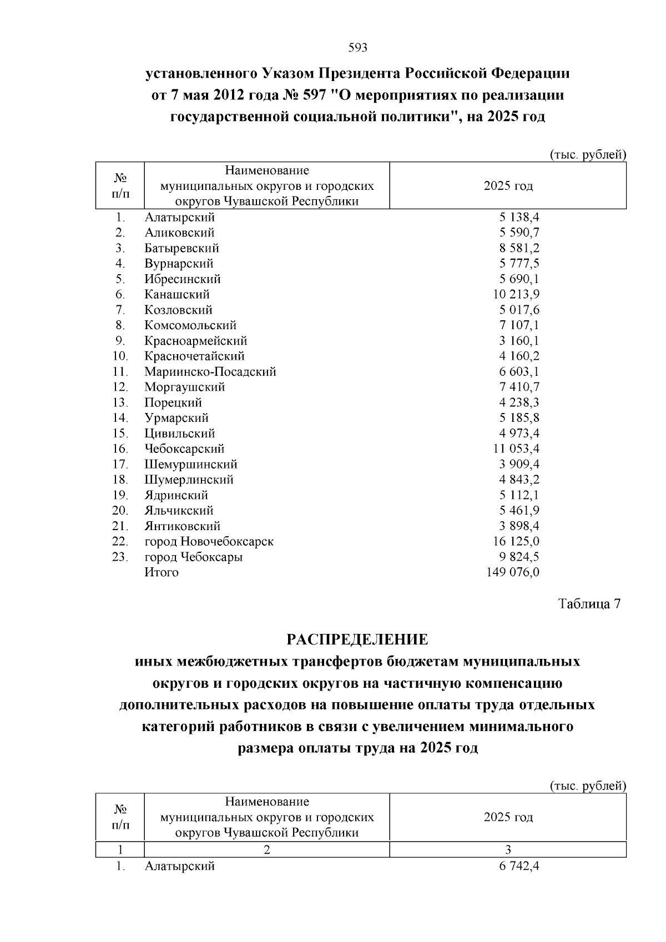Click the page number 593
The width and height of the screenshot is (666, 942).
(357, 48)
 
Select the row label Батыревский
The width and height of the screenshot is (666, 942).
(181, 248)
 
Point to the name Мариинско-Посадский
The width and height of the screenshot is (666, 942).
(210, 372)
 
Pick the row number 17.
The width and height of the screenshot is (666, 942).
(120, 464)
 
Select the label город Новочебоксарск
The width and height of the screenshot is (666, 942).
(209, 541)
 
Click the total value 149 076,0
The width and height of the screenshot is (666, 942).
(513, 572)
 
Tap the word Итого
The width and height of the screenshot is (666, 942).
(162, 572)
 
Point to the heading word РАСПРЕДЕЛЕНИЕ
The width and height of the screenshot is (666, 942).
(357, 639)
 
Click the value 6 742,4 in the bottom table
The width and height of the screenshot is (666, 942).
(519, 866)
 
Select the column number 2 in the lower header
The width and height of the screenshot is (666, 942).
(266, 849)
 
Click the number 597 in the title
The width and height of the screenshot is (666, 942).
(316, 95)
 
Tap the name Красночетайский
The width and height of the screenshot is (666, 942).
(194, 356)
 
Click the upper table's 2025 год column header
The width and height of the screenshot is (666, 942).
(508, 186)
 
